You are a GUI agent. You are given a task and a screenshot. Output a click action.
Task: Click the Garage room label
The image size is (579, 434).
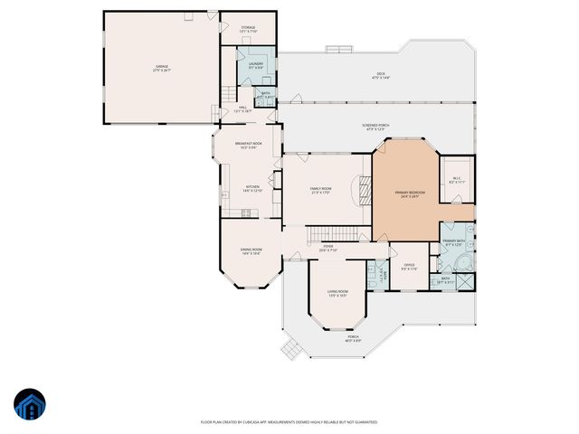click(x=162, y=68)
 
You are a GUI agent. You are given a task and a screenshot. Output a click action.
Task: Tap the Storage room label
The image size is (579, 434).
click(x=248, y=29)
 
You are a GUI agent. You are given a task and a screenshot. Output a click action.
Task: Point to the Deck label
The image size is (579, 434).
click(x=381, y=75)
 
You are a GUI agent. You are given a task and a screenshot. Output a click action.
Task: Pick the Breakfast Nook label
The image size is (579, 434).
click(x=249, y=146)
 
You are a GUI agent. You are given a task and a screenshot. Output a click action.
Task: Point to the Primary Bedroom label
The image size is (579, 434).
click(x=408, y=194)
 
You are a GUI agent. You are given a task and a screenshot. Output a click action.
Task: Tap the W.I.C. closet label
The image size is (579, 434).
click(x=457, y=180)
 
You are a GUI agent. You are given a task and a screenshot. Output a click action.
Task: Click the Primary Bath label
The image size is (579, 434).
click(x=453, y=242)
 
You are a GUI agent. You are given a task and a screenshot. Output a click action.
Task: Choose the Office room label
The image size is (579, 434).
click(x=409, y=267)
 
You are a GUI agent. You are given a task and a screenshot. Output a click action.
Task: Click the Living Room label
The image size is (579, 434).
click(x=337, y=294)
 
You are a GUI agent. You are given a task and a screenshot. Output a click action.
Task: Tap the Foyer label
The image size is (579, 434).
click(x=328, y=248)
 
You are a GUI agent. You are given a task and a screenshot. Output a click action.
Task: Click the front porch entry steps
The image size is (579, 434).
click(x=289, y=349)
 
